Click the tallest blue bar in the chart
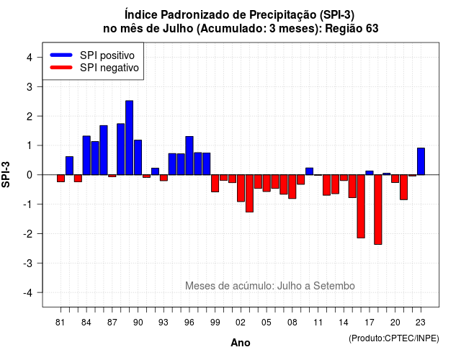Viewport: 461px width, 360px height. (x=129, y=138)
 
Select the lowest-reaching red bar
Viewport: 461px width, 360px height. (x=377, y=210)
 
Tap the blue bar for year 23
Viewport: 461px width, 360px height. (x=421, y=161)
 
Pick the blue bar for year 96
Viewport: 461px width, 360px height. (x=189, y=156)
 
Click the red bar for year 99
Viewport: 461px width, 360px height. (x=215, y=184)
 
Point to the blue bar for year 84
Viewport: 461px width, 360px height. (x=86, y=156)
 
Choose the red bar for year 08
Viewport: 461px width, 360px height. (x=292, y=186)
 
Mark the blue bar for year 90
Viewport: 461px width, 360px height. (x=138, y=157)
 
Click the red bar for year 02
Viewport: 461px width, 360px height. (x=241, y=188)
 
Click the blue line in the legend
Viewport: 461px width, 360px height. (x=61, y=55)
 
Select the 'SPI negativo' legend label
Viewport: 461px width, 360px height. (x=109, y=68)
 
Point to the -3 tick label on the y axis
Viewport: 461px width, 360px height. (x=28, y=264)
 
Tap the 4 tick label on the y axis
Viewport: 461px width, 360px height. (x=30, y=58)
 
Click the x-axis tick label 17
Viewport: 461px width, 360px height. (x=370, y=323)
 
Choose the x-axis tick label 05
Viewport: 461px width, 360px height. (x=267, y=323)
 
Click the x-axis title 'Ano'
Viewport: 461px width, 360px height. (x=241, y=343)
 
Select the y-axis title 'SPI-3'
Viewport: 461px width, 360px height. (x=6, y=174)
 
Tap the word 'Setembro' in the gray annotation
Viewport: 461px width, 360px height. (x=334, y=286)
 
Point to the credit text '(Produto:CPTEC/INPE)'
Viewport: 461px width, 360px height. (x=394, y=338)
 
